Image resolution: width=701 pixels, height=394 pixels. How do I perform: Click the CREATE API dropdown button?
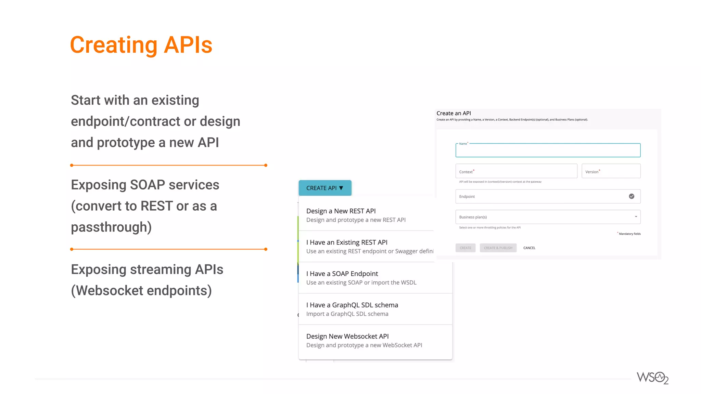tap(324, 188)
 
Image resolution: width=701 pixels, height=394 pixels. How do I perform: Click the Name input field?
tap(548, 151)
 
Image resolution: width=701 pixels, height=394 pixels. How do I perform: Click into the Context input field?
tap(516, 171)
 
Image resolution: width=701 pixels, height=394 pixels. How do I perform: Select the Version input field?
tap(611, 171)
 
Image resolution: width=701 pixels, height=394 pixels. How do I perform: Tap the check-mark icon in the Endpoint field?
tap(632, 196)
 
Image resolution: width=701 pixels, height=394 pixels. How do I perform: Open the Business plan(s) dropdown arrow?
tap(636, 217)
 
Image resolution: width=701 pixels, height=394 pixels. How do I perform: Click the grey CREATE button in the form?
tap(465, 248)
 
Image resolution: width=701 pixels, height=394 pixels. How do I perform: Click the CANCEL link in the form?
tap(529, 248)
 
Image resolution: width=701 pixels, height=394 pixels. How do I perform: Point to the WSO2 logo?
tap(652, 378)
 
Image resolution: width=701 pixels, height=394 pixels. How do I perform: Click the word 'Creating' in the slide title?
tap(113, 45)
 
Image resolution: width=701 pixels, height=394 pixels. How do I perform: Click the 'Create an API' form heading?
tap(454, 113)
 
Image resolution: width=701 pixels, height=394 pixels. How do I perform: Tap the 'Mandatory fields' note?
tap(629, 234)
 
